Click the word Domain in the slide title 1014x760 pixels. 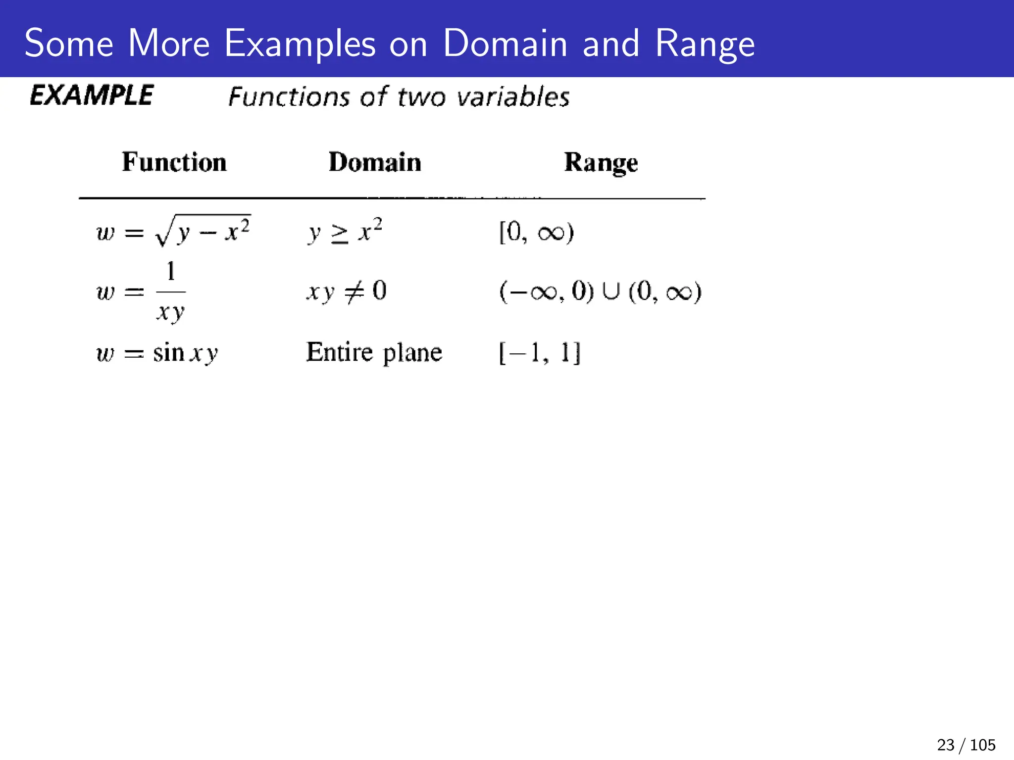[x=505, y=44]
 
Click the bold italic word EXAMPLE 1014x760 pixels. [x=92, y=95]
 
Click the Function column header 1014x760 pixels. [x=174, y=162]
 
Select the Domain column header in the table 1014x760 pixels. [x=375, y=162]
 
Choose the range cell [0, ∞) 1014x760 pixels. [x=536, y=232]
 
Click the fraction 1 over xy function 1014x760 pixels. [x=142, y=292]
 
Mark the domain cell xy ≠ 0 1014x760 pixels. [x=346, y=291]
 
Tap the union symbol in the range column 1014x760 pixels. [x=611, y=291]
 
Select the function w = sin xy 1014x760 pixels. [x=157, y=353]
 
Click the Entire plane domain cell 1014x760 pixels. [x=374, y=352]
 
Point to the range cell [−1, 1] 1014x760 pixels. [x=539, y=353]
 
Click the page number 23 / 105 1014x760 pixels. [x=966, y=745]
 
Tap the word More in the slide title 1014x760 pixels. [x=169, y=44]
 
